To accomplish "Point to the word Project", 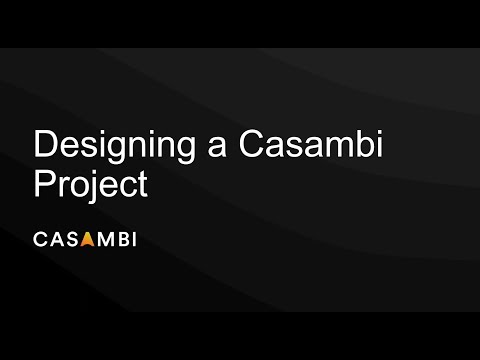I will [91, 186].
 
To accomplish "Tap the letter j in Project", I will [94, 188].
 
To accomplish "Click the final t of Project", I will [142, 186].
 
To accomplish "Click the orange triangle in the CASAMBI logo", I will [86, 239].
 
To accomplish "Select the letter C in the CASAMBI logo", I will [41, 239].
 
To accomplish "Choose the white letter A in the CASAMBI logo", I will [55, 239].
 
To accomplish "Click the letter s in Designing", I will [84, 149].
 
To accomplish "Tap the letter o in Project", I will [80, 188].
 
